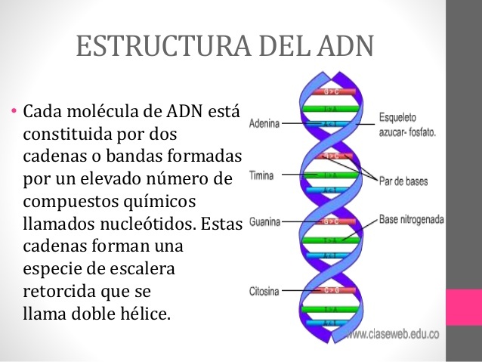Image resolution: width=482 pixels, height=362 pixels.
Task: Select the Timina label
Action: (x=261, y=175)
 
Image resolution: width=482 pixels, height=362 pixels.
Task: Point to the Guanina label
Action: (x=264, y=222)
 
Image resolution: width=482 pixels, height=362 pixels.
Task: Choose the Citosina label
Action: (x=264, y=291)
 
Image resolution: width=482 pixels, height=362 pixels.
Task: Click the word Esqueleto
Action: (x=400, y=117)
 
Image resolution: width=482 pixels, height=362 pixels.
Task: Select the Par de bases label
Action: (x=403, y=181)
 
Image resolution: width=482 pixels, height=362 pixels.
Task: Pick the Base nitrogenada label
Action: (x=412, y=219)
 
